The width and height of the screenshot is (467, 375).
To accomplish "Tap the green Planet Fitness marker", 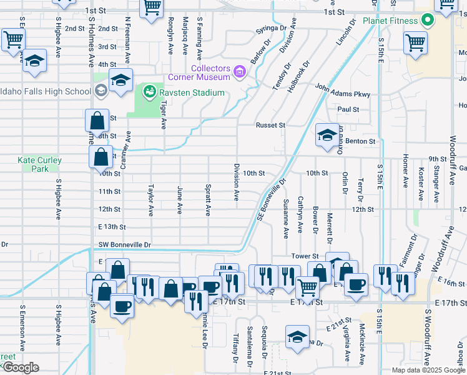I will click(427, 20).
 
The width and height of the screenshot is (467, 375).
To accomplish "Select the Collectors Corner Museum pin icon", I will click(238, 73).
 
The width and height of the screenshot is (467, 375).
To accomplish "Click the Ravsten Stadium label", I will click(190, 93).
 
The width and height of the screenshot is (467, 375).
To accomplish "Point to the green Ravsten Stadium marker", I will click(149, 93).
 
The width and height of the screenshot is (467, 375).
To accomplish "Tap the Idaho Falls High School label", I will click(46, 91).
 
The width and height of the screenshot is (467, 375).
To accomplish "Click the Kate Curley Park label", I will click(40, 164).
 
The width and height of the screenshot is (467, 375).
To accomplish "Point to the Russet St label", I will click(270, 125).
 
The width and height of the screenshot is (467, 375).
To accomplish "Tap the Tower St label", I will click(305, 256).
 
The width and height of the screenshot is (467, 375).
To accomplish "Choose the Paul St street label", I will click(348, 109).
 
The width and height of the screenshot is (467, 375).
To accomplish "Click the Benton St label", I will click(361, 142).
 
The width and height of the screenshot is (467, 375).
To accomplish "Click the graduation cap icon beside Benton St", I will click(327, 136).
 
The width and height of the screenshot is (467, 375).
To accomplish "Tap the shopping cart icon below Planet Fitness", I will click(415, 43).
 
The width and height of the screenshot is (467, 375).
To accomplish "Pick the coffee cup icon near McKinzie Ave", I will click(356, 285).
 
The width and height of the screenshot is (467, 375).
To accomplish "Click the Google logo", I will click(21, 367).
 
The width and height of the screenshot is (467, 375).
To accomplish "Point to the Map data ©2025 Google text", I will click(428, 370).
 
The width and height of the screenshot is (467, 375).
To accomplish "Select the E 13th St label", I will click(112, 227).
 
